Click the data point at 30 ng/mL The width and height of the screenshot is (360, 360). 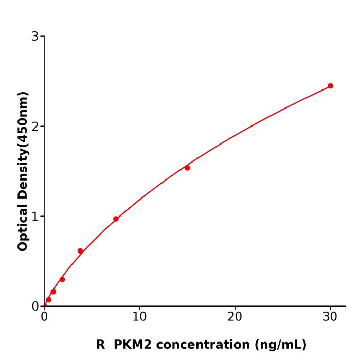[330, 86]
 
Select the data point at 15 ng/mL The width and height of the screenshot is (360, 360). [187, 168]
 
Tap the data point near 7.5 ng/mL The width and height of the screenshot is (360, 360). [116, 219]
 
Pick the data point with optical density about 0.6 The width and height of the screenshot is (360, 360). [80, 251]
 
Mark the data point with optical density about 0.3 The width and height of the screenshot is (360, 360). [62, 279]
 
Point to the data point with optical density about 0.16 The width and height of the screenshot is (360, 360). [53, 292]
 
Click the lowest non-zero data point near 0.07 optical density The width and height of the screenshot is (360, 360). [49, 300]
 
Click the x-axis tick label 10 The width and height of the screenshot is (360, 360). [139, 317]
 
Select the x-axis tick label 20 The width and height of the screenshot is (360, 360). [235, 317]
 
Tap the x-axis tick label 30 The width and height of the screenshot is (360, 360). [330, 317]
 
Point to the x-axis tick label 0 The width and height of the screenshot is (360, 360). [44, 317]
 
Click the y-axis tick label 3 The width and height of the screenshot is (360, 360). [35, 37]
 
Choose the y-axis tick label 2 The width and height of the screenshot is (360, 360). [35, 127]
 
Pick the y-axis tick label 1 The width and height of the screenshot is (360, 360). [35, 217]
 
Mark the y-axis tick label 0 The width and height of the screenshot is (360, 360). [35, 307]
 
